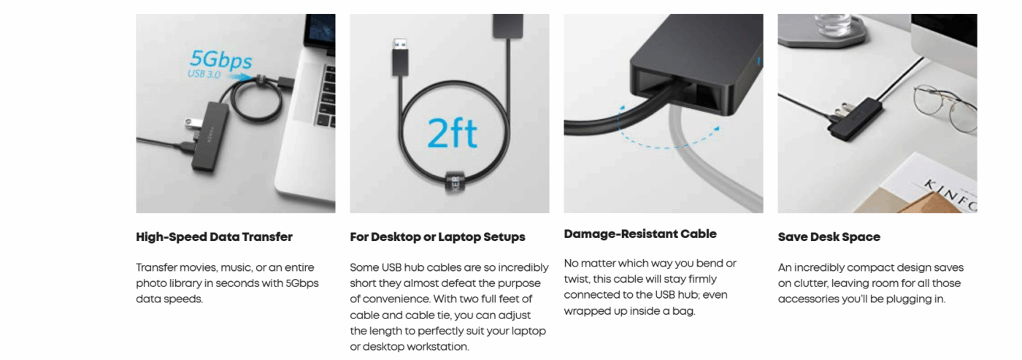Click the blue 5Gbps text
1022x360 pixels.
[220, 60]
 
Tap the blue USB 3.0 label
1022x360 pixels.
[204, 74]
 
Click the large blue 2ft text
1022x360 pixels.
[452, 133]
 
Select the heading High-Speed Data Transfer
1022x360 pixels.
[214, 237]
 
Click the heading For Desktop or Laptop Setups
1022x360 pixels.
[437, 237]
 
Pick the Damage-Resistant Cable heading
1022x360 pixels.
[640, 234]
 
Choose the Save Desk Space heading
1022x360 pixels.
[829, 237]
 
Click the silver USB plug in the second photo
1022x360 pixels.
[400, 45]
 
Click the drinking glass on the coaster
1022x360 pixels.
[833, 24]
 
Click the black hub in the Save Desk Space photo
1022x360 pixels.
[856, 118]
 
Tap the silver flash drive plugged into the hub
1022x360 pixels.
[193, 121]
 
